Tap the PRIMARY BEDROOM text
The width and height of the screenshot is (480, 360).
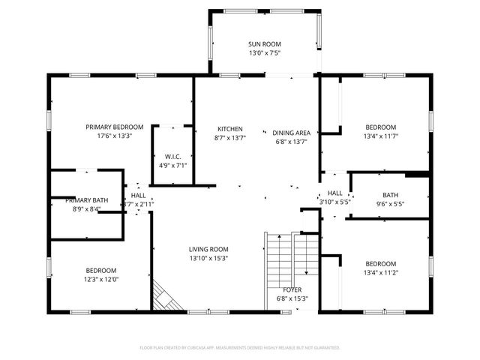pos(114,127)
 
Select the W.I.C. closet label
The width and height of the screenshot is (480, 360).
pos(172,157)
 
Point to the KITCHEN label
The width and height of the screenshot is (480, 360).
pos(229,128)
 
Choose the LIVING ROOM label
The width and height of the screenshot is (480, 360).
pos(208,249)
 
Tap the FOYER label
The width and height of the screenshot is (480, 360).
pos(292,289)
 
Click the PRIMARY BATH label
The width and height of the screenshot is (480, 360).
pos(87,200)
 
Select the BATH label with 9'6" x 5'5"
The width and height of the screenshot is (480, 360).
pos(380,195)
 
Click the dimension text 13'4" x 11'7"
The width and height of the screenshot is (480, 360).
pos(380,136)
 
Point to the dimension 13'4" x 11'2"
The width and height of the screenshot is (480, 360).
pos(380,273)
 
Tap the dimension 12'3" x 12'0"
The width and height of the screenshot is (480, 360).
pos(100,280)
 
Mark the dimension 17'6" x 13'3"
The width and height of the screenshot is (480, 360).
pos(114,136)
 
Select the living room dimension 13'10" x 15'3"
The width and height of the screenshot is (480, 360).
pos(208,259)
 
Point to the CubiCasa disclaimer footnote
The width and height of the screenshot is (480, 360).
pos(240,348)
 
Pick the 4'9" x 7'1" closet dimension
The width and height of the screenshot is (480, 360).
pos(172,166)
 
